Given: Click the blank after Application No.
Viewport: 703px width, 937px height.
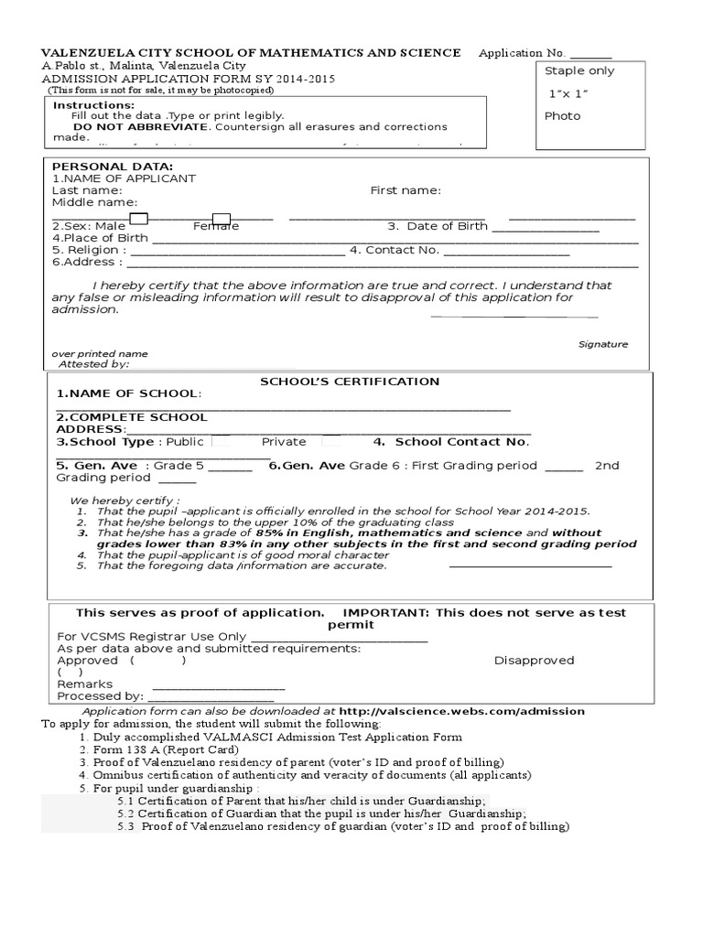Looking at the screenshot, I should click(591, 54).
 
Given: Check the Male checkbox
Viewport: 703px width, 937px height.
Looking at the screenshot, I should click(139, 218).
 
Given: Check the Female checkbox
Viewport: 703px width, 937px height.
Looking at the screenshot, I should click(222, 218).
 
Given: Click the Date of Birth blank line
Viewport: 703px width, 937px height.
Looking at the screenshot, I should click(546, 227).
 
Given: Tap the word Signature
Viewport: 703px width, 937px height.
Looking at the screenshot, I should click(603, 344).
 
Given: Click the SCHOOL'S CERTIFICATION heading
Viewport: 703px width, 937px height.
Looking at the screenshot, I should click(350, 382).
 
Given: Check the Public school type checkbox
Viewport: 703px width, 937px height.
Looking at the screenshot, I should click(220, 441).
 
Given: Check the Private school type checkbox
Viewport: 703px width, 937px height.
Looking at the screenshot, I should click(330, 441).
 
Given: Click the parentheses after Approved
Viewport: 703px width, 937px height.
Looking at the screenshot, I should click(158, 660).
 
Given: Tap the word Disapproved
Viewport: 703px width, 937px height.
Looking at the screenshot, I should click(534, 660).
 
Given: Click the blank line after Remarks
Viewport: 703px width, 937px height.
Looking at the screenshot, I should click(219, 684).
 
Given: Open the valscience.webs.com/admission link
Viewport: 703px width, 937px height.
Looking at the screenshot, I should click(461, 711).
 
